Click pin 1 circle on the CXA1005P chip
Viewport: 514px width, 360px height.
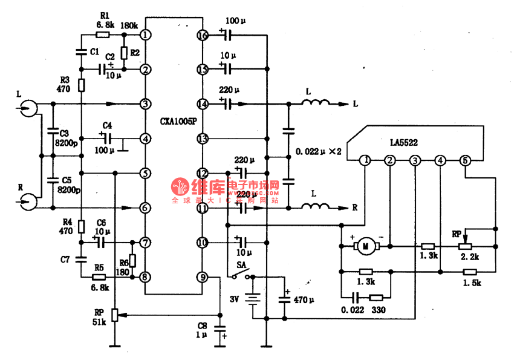pos(146,35)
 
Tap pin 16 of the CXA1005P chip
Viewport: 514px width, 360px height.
pos(203,36)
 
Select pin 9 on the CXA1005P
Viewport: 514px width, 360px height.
pos(203,277)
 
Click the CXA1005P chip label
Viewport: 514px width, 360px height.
pos(178,121)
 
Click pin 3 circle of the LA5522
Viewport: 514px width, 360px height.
pos(415,160)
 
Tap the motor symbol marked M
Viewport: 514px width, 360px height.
pos(365,246)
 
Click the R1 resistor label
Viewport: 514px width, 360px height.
pos(104,16)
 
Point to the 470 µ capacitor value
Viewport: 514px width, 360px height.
pos(304,299)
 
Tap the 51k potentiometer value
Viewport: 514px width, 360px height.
pos(99,322)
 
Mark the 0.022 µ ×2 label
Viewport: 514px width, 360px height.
pos(319,151)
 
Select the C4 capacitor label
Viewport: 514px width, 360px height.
pos(107,125)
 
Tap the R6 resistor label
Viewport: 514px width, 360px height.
pos(123,262)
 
